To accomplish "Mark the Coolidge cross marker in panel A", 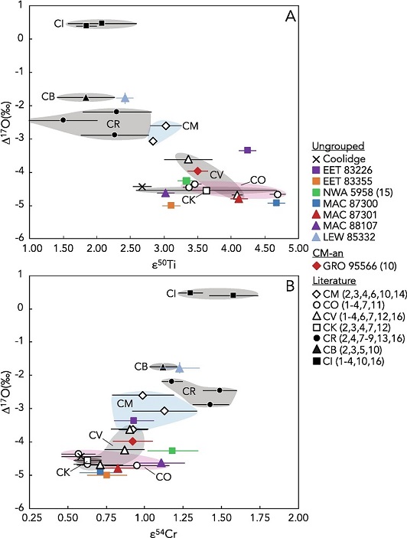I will (142, 187).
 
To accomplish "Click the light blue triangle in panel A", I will (125, 98).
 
